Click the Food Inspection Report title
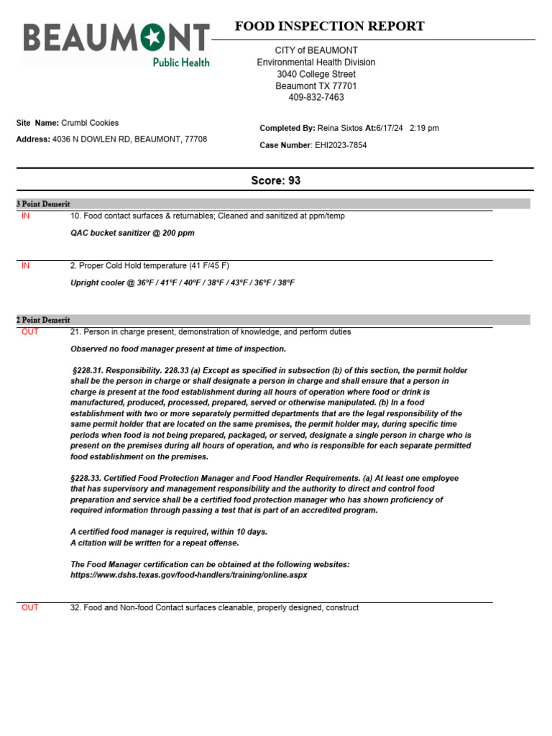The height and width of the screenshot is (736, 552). pos(329,27)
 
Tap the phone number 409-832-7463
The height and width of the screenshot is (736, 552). pos(316,97)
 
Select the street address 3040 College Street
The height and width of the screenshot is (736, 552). pos(316,74)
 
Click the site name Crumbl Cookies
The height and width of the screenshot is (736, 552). pos(90,123)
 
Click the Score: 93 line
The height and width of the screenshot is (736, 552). pos(275,180)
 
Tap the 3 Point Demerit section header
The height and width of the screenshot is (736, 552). pos(43,204)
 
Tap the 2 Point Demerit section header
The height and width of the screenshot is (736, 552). pos(43,320)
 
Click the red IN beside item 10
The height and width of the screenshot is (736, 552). pos(26,216)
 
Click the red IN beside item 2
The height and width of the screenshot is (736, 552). pos(26,266)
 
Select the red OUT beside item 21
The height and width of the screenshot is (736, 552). pos(30,332)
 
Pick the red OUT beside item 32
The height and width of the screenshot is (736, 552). pos(30,608)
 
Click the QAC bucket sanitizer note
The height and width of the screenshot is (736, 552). pos(132,233)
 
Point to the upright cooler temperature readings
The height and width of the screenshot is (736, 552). pos(183,282)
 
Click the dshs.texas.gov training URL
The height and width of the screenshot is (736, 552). pos(188,575)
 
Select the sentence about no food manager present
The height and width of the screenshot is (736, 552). pos(178,349)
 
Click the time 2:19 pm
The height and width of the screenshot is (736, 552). pos(424,128)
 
